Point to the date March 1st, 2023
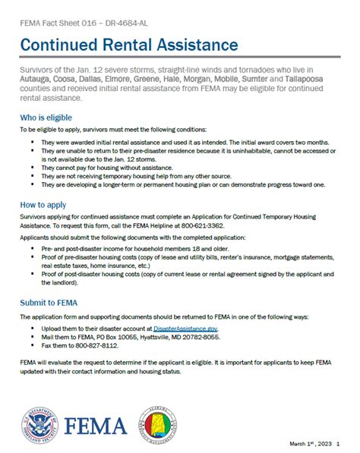click(310, 443)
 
